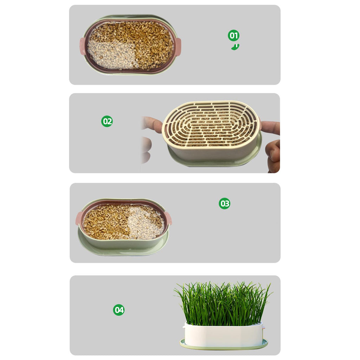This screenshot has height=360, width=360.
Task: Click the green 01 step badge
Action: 233,36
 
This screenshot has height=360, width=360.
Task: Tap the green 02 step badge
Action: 107,121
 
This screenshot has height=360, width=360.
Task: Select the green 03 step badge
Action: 224,204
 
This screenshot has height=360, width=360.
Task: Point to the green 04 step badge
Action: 119,310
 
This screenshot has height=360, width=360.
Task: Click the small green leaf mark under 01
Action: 235,47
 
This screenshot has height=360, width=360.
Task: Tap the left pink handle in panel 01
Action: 82,46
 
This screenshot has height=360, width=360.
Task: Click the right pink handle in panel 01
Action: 178,46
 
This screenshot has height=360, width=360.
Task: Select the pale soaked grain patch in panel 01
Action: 112,54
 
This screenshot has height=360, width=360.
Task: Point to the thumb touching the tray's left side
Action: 152,124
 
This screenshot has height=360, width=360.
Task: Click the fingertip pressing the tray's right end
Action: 270,128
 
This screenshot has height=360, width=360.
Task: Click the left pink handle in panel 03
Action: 79,218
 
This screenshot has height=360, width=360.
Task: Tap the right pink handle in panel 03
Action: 168,218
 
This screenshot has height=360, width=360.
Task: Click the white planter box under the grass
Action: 223,335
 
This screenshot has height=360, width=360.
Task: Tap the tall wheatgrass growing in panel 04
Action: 223,303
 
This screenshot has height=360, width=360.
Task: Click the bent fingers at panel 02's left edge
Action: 146,149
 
